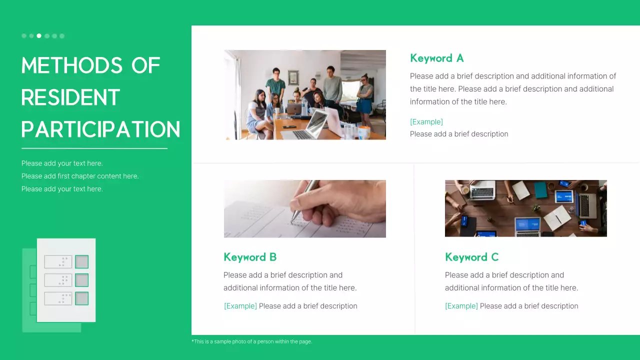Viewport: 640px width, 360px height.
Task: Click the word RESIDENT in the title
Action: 70,97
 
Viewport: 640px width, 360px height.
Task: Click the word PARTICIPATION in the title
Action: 100,129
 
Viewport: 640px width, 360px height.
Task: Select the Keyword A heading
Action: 436,58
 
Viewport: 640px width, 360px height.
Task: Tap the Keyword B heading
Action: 250,257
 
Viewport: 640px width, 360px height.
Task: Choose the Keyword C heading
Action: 471,257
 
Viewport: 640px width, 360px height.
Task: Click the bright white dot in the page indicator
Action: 39,36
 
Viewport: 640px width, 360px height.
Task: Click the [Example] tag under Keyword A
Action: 426,122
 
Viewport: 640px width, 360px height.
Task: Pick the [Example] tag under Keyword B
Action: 240,306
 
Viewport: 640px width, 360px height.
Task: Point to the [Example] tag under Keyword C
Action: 461,306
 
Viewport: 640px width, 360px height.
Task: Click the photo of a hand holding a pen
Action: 304,208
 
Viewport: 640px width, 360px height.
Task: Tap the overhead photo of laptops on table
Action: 525,208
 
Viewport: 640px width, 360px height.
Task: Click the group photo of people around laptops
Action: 304,94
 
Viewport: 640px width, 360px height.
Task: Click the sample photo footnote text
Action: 251,341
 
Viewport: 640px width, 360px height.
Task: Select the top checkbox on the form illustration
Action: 81,261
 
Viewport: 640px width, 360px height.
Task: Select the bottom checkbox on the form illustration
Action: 81,298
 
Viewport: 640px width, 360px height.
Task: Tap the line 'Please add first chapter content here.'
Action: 80,176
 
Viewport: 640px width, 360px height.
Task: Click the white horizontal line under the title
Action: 94,148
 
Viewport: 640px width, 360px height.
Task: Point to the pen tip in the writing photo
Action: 293,217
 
